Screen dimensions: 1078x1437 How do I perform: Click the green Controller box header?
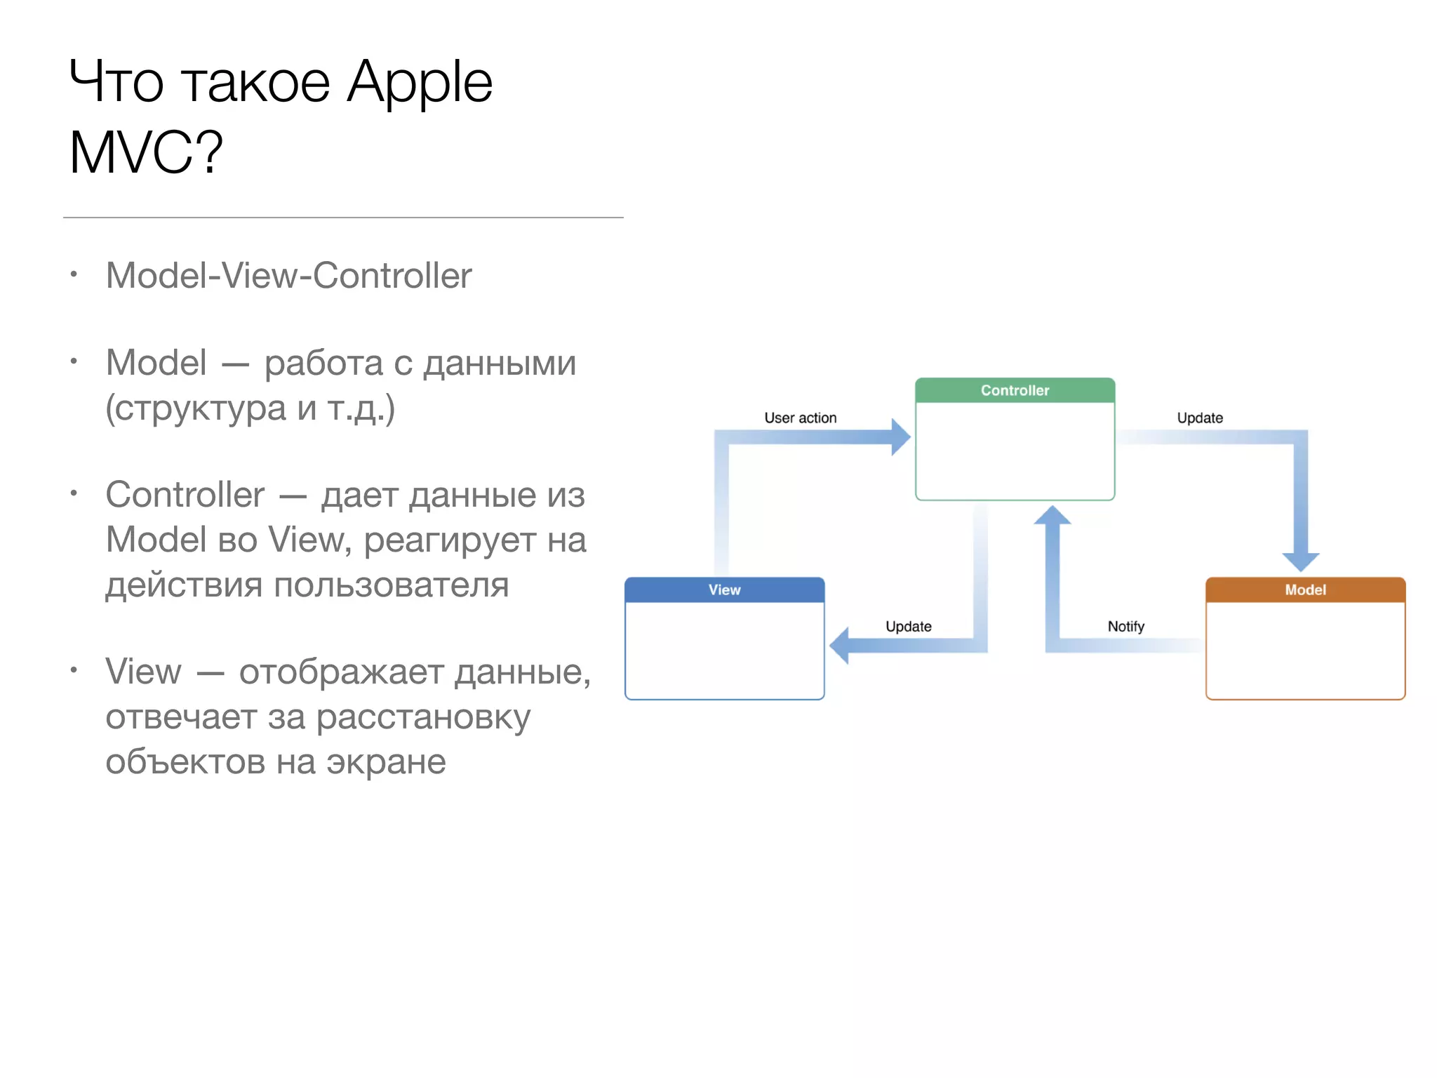1015,390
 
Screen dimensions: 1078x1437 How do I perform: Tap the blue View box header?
724,590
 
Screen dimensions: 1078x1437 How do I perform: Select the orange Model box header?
1305,590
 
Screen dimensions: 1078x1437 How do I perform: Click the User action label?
800,418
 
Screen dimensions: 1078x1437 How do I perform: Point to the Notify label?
1125,626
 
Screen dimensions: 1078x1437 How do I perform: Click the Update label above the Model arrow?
1200,418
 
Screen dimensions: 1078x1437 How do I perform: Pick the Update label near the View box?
908,626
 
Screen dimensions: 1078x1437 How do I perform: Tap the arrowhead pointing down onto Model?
1301,561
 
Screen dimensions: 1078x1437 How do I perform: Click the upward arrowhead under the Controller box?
1052,516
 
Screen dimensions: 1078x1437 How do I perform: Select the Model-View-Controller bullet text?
288,275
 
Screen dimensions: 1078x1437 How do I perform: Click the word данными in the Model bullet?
500,364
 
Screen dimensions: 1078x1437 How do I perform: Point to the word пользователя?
391,585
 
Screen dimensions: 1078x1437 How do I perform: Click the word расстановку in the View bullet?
422,717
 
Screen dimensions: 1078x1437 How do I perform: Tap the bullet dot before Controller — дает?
74,493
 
